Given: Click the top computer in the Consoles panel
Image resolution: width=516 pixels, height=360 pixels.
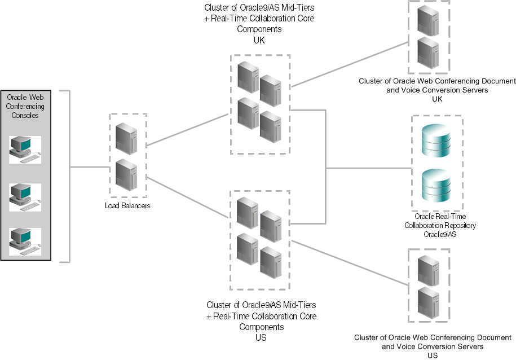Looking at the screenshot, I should pyautogui.click(x=25, y=149).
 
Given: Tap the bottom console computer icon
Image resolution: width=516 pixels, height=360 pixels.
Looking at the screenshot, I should pyautogui.click(x=25, y=242).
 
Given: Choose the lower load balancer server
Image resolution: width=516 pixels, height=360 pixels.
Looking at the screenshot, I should pyautogui.click(x=127, y=175).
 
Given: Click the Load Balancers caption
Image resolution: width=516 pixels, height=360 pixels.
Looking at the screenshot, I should pyautogui.click(x=127, y=206).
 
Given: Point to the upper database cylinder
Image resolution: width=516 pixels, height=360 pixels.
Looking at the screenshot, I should pyautogui.click(x=436, y=141).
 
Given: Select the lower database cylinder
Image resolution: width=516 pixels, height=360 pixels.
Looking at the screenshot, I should pyautogui.click(x=436, y=187).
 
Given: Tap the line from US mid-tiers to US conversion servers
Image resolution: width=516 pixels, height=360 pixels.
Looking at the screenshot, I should pyautogui.click(x=350, y=264).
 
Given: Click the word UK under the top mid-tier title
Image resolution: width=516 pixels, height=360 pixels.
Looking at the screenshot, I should pyautogui.click(x=259, y=41).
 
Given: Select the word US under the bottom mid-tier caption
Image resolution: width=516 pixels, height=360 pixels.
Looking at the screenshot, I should pyautogui.click(x=261, y=337).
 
